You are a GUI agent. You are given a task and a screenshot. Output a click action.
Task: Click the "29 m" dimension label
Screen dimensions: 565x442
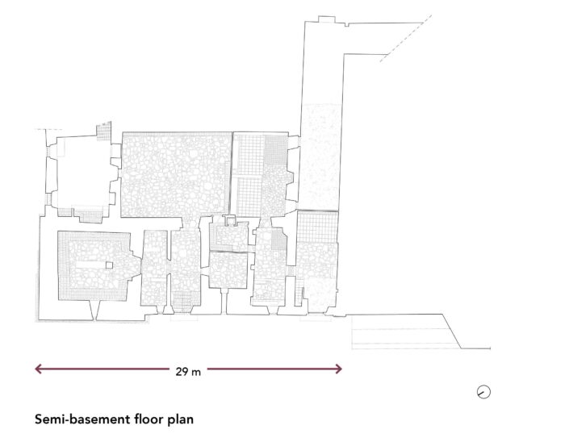(188, 371)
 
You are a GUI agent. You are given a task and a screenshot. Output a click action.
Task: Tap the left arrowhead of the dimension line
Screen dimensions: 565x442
(38, 369)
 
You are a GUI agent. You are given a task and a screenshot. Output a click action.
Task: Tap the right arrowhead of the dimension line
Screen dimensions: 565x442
(338, 369)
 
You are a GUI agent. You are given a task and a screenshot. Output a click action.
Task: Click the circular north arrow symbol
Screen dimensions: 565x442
(483, 392)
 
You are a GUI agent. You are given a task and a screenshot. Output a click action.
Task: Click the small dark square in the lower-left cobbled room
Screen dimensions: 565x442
(109, 265)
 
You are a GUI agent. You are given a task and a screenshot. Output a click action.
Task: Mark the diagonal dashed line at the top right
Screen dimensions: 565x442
(405, 39)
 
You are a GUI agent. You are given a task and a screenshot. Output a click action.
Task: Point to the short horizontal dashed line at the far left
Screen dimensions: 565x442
(48, 129)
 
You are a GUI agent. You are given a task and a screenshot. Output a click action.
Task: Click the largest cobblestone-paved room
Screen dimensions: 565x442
(176, 175)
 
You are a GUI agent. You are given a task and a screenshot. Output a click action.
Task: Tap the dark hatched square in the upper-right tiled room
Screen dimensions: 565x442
(276, 150)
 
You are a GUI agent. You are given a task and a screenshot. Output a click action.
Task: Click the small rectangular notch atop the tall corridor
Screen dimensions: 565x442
(327, 19)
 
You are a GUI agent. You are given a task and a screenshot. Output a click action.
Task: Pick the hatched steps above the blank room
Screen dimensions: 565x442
(103, 131)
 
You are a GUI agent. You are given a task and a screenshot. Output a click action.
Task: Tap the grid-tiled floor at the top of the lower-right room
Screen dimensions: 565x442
(317, 227)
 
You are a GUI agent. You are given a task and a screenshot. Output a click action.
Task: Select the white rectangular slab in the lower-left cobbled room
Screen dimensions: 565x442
(90, 265)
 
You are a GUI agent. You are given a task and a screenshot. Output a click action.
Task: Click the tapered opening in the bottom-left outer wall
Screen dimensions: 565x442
(93, 311)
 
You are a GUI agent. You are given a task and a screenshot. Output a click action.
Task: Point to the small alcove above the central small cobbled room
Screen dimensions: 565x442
(229, 220)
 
